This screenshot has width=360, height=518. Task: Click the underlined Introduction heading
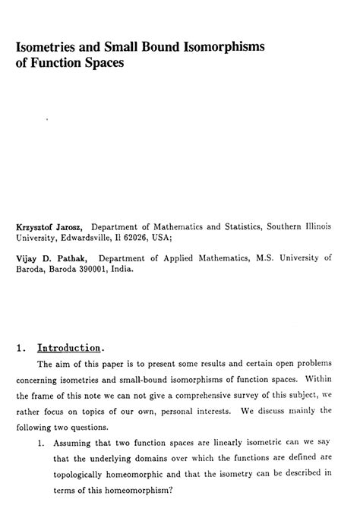[69, 349]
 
